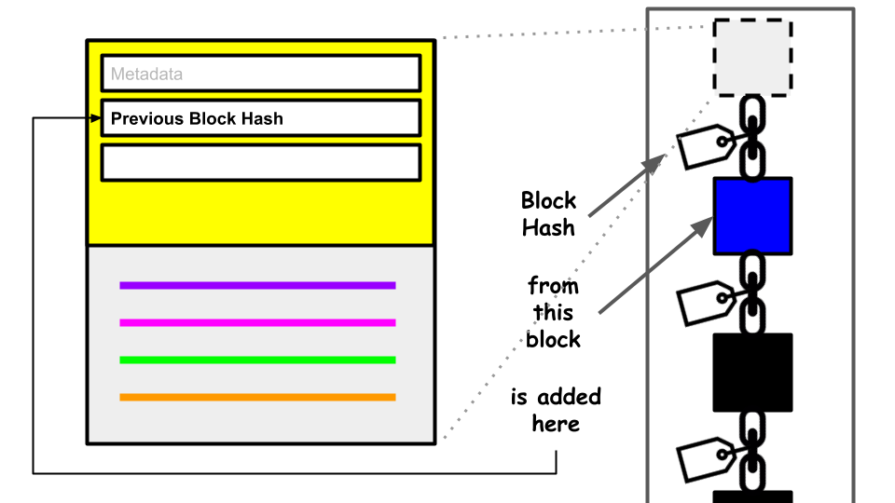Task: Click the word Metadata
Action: click(x=146, y=74)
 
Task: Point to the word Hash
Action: click(x=261, y=118)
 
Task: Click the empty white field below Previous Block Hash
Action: click(x=260, y=162)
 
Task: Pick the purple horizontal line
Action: click(x=257, y=285)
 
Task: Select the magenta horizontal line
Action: click(x=257, y=322)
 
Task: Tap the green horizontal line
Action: click(x=257, y=360)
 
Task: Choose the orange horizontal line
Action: click(x=257, y=397)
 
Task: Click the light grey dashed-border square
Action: click(x=752, y=57)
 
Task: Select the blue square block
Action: click(x=752, y=216)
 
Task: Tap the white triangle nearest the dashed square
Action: click(x=676, y=153)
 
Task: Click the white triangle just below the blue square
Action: click(x=676, y=308)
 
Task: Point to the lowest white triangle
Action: click(x=676, y=465)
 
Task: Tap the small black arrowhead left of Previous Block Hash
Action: click(x=95, y=118)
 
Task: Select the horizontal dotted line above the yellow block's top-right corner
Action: click(x=578, y=32)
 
